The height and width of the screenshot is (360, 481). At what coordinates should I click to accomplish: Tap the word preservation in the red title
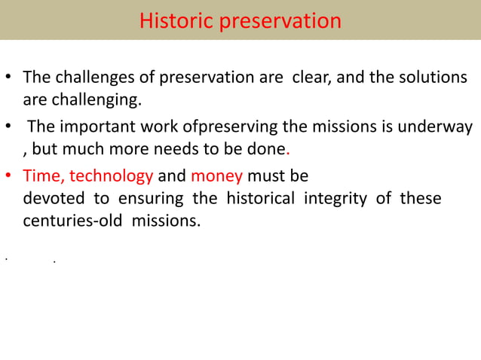click(280, 20)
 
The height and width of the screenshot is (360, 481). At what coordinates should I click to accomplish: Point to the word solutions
click(433, 78)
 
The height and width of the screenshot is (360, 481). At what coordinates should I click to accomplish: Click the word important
click(95, 125)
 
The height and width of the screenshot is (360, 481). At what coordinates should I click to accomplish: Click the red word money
click(216, 176)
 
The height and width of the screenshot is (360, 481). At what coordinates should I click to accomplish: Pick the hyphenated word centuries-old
click(70, 222)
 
